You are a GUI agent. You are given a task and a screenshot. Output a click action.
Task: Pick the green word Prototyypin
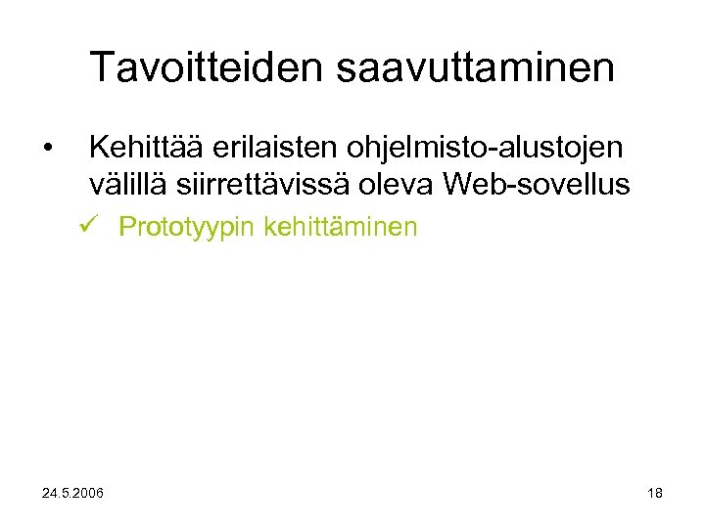coord(186,229)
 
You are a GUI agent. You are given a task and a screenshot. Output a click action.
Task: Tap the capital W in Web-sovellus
coord(462,183)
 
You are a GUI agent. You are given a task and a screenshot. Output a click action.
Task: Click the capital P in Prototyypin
coord(126,228)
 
